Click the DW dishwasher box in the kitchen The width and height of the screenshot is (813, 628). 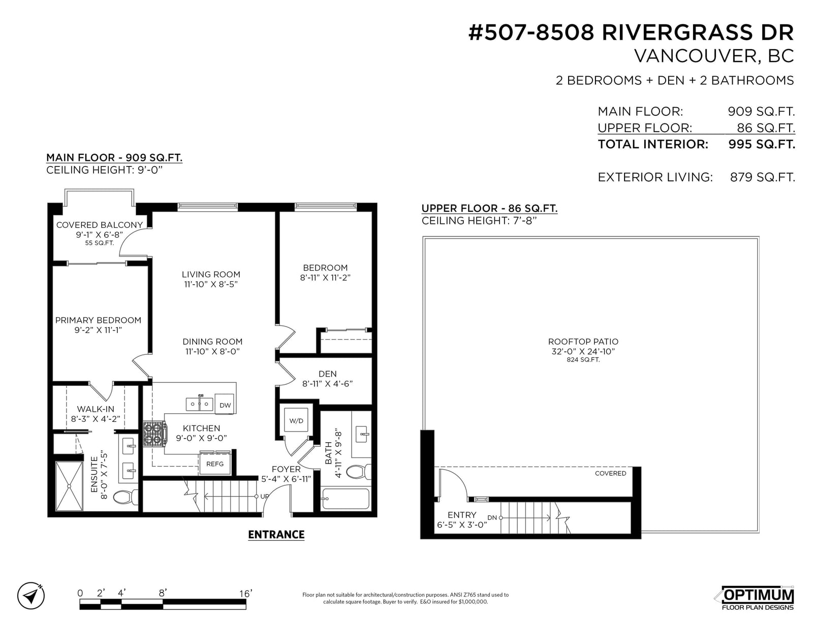(225, 404)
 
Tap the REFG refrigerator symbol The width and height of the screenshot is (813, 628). (215, 463)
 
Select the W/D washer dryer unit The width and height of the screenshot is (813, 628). (296, 420)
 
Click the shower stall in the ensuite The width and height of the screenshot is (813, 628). (69, 486)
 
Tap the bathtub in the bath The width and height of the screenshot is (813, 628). (346, 499)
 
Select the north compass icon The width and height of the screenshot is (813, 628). (31, 595)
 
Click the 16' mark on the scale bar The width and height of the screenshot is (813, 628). (246, 593)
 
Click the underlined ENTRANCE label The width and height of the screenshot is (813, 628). (276, 535)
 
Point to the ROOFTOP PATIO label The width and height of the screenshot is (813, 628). (583, 341)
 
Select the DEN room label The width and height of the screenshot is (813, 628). (327, 374)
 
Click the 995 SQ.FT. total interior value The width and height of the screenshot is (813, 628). (761, 144)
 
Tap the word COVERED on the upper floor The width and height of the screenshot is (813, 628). (610, 473)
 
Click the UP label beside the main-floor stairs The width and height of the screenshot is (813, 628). (264, 497)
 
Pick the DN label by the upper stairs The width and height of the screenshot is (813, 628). (492, 518)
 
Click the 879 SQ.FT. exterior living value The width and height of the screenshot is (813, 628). (763, 177)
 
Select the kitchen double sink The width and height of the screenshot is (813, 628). (199, 404)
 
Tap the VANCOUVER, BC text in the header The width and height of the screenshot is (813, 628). (714, 56)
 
